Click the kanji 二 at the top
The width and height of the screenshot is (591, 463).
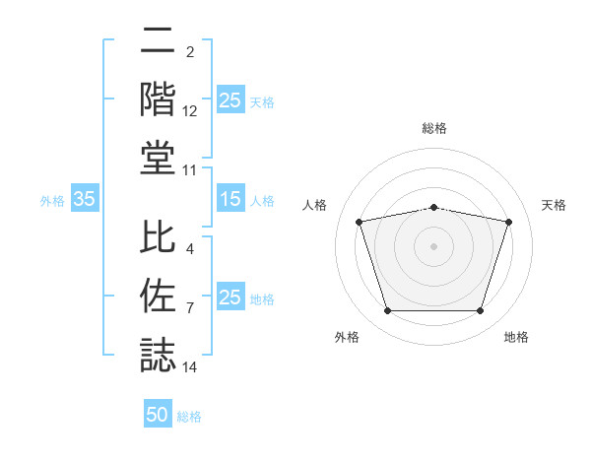click(x=158, y=42)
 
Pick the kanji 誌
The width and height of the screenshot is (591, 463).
click(x=158, y=354)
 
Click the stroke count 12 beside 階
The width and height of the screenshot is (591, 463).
click(x=190, y=112)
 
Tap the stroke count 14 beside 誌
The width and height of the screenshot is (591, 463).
click(x=190, y=367)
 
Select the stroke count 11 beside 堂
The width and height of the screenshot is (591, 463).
click(x=190, y=170)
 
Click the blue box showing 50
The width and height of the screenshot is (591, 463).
click(x=158, y=415)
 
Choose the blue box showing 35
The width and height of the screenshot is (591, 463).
click(x=85, y=200)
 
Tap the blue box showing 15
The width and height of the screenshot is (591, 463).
click(x=230, y=200)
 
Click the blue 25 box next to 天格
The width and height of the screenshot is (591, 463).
click(x=230, y=100)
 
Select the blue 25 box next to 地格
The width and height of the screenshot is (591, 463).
click(x=230, y=298)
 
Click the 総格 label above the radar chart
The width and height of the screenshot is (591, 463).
click(x=434, y=128)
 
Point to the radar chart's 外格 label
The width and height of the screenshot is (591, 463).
click(x=347, y=337)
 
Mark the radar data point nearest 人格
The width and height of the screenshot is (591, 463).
click(x=359, y=222)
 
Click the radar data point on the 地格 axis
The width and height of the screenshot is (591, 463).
click(x=480, y=311)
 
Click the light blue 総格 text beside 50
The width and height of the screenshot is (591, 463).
click(x=189, y=417)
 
